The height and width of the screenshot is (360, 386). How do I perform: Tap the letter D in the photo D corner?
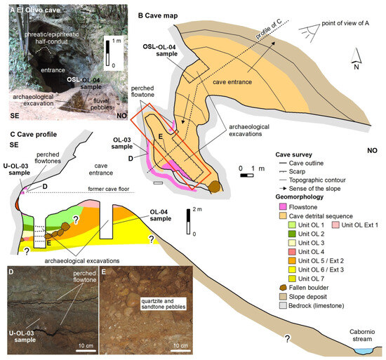pyautogui.click(x=9, y=269)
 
